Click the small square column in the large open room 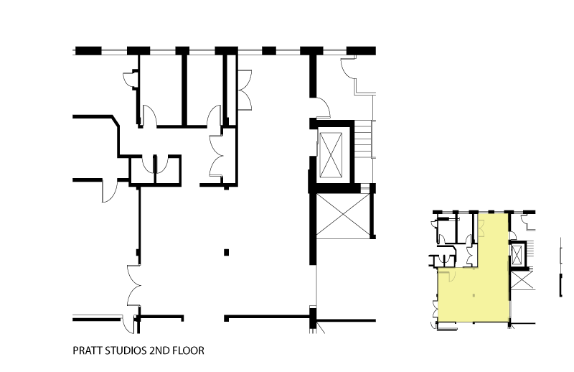coord(226,252)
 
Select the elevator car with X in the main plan coord(331,155)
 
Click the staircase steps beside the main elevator coord(363,139)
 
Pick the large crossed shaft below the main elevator coord(343,216)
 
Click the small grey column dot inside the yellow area coord(474,295)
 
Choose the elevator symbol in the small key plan coord(517,254)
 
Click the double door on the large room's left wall coord(133,285)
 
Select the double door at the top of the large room coord(245,90)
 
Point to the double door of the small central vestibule coord(217,156)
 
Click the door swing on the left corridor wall coord(110,190)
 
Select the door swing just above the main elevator coord(323,108)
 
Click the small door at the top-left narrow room coord(130,80)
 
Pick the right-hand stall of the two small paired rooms coord(168,170)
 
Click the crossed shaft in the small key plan coord(522,280)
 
